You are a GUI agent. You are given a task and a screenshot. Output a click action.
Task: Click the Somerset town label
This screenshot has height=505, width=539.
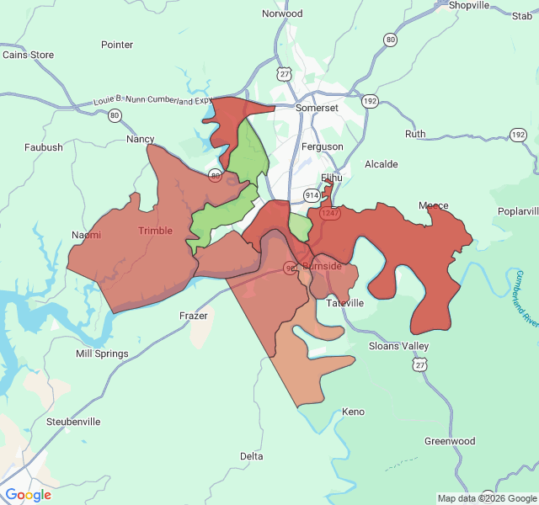click(317, 109)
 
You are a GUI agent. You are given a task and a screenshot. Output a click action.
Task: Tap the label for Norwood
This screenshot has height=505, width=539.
click(282, 14)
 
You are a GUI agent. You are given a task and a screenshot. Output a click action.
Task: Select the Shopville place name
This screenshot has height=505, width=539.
click(469, 5)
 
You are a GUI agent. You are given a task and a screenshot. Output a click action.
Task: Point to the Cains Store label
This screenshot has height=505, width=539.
click(28, 55)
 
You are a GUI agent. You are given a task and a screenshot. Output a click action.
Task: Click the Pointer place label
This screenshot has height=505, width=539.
click(117, 45)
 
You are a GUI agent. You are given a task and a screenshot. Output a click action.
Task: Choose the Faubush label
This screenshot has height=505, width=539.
click(44, 147)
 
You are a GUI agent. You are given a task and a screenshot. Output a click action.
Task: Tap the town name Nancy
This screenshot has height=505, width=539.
click(141, 139)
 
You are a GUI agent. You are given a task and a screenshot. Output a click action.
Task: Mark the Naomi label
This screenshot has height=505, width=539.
click(87, 235)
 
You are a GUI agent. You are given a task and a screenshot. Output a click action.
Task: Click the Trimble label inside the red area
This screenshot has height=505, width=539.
click(155, 231)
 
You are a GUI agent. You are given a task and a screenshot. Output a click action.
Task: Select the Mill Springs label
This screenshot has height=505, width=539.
click(102, 353)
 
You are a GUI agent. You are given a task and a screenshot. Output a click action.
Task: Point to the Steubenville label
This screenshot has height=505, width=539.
click(73, 421)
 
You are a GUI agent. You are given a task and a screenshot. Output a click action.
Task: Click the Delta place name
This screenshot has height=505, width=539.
click(252, 456)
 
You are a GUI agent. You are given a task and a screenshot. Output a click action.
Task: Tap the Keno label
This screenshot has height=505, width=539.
click(354, 412)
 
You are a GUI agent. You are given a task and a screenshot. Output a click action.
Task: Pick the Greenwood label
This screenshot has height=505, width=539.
click(450, 441)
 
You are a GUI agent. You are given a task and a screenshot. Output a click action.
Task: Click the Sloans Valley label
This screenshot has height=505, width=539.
click(399, 346)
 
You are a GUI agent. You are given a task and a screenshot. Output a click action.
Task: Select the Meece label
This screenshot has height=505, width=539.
click(434, 206)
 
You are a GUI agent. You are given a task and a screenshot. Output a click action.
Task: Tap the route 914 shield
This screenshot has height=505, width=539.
click(312, 195)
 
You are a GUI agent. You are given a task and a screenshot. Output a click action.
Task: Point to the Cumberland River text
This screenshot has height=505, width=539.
click(527, 299)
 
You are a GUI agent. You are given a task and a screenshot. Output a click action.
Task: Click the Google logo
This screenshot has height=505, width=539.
click(29, 495)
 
